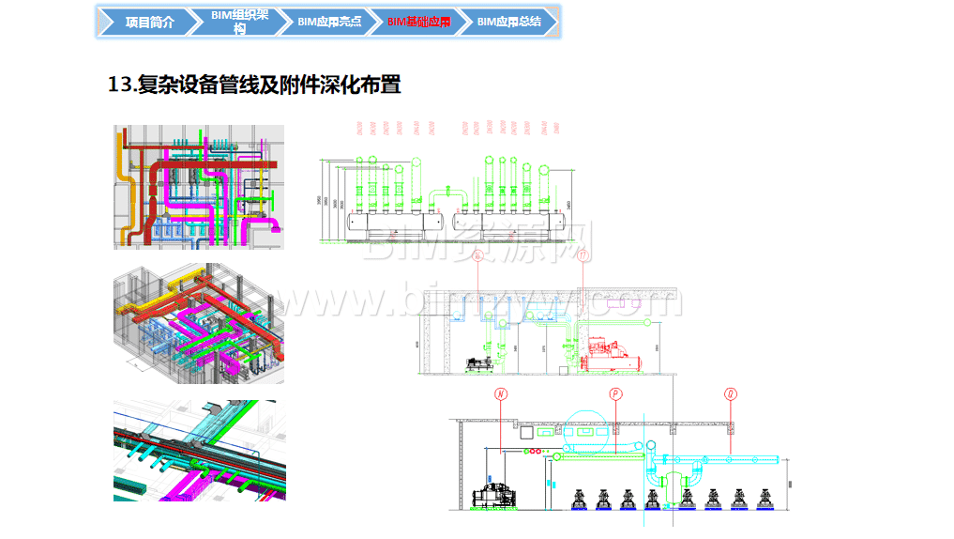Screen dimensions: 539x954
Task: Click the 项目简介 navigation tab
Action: (149, 23)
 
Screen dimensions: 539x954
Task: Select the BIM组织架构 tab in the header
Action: (239, 23)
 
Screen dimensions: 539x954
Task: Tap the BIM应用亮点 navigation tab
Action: (328, 23)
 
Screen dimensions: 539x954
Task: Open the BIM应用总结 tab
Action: (508, 23)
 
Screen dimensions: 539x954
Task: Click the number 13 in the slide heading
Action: (120, 85)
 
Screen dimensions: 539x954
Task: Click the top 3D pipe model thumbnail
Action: (198, 186)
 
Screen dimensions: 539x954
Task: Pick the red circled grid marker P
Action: (615, 394)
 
